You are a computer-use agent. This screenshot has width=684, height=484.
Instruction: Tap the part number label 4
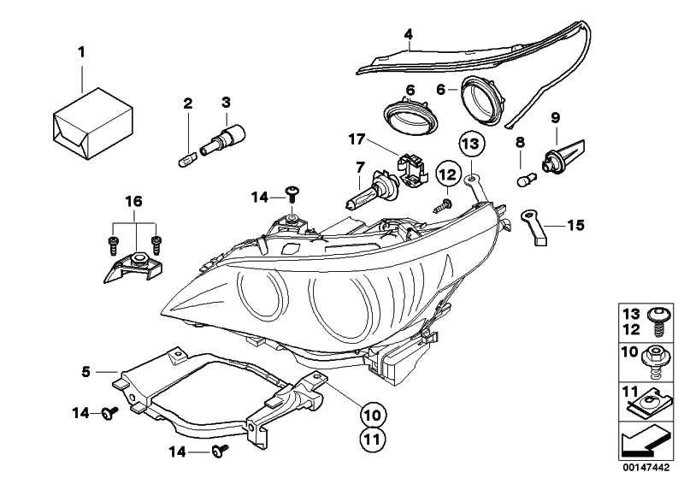pos(409,34)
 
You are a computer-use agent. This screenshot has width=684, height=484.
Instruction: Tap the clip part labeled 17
pos(399,164)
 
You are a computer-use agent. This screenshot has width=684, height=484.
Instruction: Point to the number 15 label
pos(575,226)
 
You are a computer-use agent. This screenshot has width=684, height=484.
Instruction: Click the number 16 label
pos(133,202)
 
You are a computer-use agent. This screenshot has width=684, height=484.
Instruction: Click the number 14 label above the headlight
pos(261,198)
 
